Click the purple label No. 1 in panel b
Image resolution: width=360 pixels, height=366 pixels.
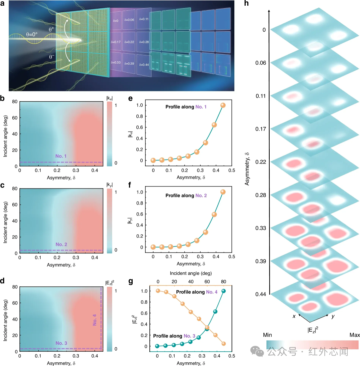click(x=61, y=156)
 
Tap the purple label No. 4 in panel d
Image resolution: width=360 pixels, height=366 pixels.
click(x=95, y=320)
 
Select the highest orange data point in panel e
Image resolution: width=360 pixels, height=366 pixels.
click(x=223, y=105)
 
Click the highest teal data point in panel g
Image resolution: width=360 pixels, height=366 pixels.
click(x=224, y=291)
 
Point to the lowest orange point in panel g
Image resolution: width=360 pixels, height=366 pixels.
click(x=224, y=344)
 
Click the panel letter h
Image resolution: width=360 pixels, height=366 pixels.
click(x=246, y=3)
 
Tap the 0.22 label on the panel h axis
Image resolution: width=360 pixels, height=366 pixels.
click(x=260, y=162)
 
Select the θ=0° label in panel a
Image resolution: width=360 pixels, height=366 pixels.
click(x=32, y=34)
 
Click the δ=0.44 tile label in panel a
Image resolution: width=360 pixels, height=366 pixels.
click(x=144, y=65)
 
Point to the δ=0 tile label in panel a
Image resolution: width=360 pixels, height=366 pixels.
click(x=116, y=21)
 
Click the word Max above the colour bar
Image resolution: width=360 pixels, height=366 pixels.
click(x=355, y=335)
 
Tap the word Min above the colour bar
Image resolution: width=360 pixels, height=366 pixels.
click(x=267, y=335)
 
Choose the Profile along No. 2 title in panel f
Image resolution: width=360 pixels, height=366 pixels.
click(x=186, y=195)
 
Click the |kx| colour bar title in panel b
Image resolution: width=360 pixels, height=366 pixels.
click(x=109, y=98)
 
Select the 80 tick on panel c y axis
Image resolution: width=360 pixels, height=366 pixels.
click(x=15, y=188)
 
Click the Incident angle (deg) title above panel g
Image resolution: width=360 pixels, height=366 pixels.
click(x=191, y=273)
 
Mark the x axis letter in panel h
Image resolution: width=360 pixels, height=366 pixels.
click(x=294, y=316)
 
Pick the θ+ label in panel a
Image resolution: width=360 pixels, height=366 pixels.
click(x=51, y=29)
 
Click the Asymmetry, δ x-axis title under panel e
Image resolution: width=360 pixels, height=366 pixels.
click(x=191, y=178)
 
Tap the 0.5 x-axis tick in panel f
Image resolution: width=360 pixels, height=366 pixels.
click(x=232, y=256)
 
